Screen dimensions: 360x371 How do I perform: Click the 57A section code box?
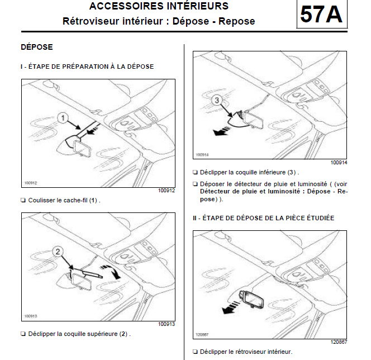321,15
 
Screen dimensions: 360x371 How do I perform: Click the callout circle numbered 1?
63,118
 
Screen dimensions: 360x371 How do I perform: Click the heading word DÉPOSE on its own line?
36,48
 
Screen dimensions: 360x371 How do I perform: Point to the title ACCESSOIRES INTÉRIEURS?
159,7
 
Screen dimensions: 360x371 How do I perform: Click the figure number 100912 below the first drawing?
167,191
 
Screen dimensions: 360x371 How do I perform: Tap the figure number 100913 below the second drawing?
167,324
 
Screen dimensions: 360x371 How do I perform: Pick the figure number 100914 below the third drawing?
339,162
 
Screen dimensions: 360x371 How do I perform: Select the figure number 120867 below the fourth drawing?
339,342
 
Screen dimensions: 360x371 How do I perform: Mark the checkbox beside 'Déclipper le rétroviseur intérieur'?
195,352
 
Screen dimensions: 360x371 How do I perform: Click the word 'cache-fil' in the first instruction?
76,200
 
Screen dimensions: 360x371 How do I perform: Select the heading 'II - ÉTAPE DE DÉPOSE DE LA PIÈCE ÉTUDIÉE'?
263,217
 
